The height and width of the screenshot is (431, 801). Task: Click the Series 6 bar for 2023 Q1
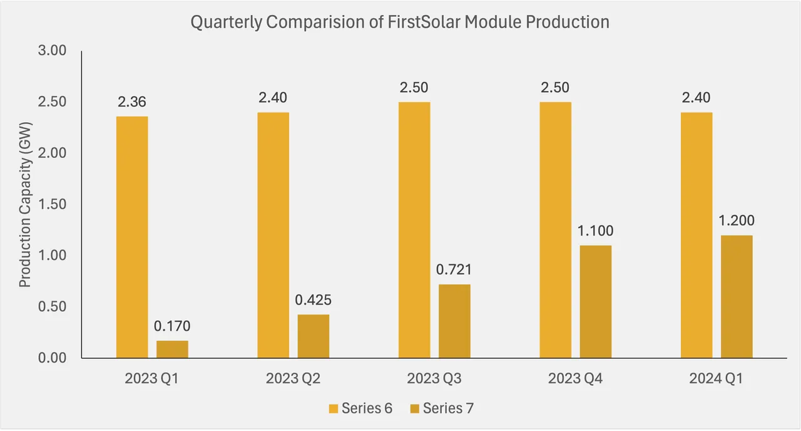tap(132, 237)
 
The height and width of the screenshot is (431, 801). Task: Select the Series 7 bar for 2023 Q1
tap(172, 349)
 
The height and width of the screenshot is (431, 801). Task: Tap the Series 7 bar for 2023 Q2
tap(313, 336)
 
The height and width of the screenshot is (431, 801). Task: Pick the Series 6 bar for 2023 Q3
tap(414, 230)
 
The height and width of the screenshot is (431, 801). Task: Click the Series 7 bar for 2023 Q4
tap(595, 301)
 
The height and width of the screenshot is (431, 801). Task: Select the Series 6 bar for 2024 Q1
tap(696, 235)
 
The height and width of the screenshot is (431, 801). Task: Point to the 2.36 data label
tap(132, 101)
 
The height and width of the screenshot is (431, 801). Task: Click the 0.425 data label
tap(313, 299)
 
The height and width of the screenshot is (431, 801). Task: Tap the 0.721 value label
tap(454, 269)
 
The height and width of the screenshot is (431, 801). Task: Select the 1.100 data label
tap(595, 231)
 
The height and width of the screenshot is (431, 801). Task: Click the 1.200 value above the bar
tap(737, 221)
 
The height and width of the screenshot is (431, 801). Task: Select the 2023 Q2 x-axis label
tap(293, 378)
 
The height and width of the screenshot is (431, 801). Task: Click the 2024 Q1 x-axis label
tap(717, 378)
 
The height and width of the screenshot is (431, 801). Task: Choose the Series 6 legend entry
tap(361, 408)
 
